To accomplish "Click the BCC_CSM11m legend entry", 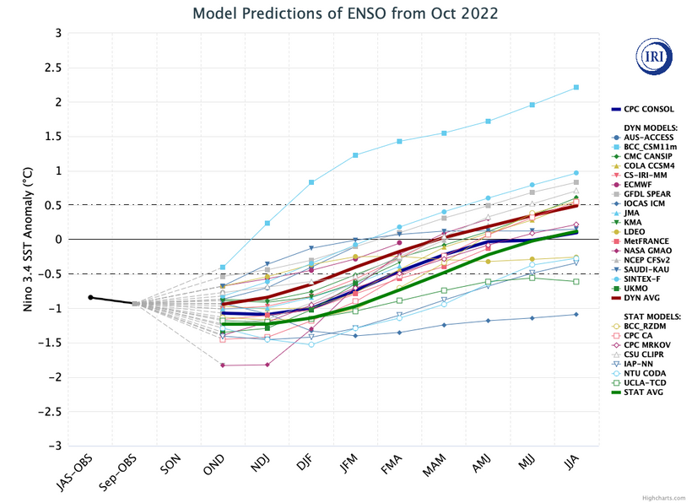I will [x=651, y=145].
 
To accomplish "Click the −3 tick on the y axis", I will [x=57, y=446].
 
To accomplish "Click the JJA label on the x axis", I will [x=569, y=463].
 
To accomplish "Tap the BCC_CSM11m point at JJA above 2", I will [x=576, y=87].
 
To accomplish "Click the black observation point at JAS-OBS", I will [x=90, y=297].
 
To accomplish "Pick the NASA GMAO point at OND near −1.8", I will [x=223, y=365].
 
